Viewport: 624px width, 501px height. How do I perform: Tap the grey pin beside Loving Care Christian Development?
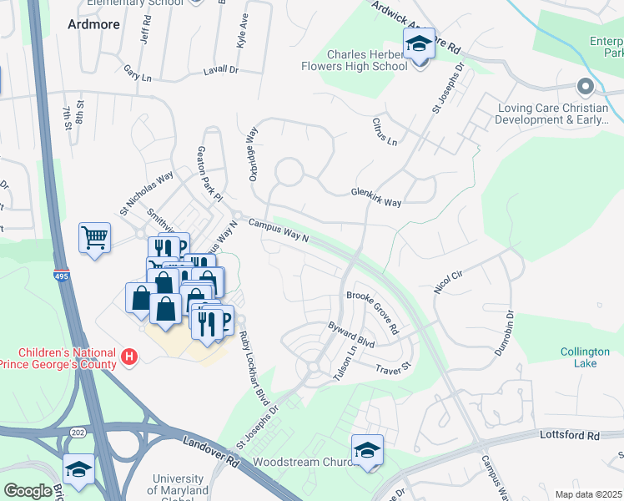(584, 87)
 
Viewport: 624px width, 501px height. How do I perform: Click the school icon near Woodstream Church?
(367, 451)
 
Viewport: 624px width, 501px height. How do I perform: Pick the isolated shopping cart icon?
(94, 238)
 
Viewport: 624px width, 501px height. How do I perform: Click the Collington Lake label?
(584, 358)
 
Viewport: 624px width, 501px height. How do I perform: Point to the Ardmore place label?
(93, 24)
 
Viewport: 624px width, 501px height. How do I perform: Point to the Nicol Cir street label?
(447, 281)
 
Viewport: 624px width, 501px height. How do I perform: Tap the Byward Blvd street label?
(351, 334)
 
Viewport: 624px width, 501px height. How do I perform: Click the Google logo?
(28, 491)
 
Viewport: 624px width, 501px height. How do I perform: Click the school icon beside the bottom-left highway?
(78, 470)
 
